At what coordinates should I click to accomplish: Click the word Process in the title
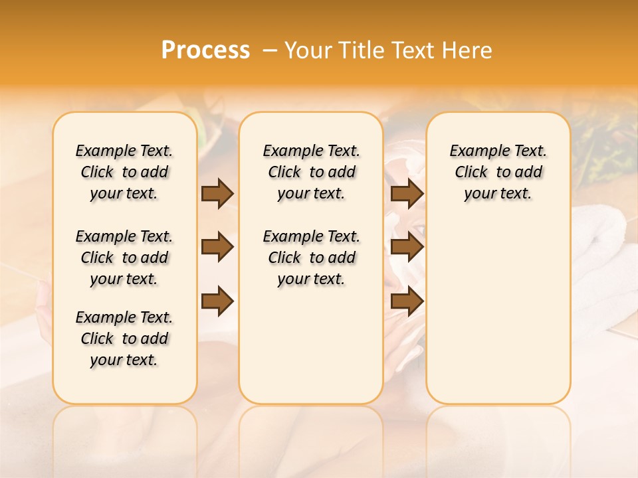pyautogui.click(x=205, y=50)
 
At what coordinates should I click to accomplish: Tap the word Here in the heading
pyautogui.click(x=468, y=50)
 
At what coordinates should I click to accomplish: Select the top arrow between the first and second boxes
pyautogui.click(x=217, y=193)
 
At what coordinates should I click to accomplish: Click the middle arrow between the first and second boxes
pyautogui.click(x=217, y=247)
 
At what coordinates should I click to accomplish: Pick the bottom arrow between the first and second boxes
pyautogui.click(x=217, y=301)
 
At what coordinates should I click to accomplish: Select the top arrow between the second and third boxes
pyautogui.click(x=407, y=193)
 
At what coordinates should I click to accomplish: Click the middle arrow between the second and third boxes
pyautogui.click(x=407, y=247)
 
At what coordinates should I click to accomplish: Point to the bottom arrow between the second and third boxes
pyautogui.click(x=407, y=301)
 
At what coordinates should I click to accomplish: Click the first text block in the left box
pyautogui.click(x=124, y=172)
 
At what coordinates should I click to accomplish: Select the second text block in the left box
pyautogui.click(x=124, y=258)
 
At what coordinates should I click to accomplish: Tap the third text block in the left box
pyautogui.click(x=124, y=339)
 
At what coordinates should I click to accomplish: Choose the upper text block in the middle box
pyautogui.click(x=311, y=172)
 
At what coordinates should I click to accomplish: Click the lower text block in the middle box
pyautogui.click(x=311, y=258)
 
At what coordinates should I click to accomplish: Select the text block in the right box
pyautogui.click(x=498, y=172)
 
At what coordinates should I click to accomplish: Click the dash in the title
pyautogui.click(x=270, y=50)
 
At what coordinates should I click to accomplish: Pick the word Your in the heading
pyautogui.click(x=308, y=50)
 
